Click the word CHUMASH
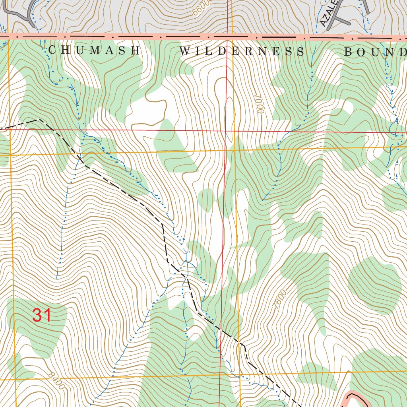click(94, 50)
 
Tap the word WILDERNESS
click(242, 51)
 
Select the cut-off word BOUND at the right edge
click(375, 52)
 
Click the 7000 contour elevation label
click(260, 104)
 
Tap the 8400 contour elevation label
click(56, 381)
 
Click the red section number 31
click(42, 315)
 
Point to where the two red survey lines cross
click(226, 130)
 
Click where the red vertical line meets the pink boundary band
click(228, 36)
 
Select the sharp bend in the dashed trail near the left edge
click(37, 119)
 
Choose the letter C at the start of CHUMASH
click(52, 50)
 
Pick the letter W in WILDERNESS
click(184, 51)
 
